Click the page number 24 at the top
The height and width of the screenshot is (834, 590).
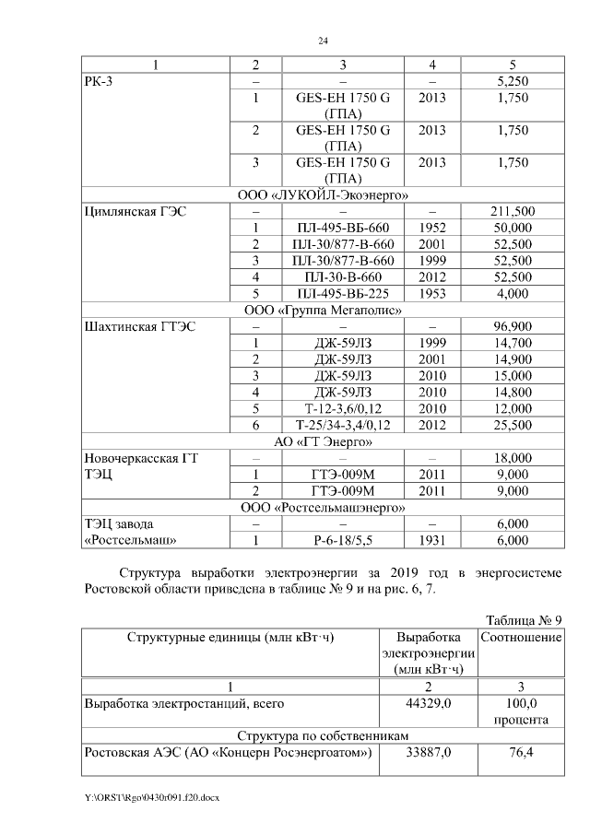pyautogui.click(x=324, y=41)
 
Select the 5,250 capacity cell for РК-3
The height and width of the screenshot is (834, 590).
pyautogui.click(x=512, y=81)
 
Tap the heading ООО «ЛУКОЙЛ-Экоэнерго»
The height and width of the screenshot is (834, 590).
pyautogui.click(x=324, y=195)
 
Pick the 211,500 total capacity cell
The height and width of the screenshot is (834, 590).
pyautogui.click(x=512, y=212)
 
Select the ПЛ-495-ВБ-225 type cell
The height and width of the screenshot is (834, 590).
pyautogui.click(x=343, y=294)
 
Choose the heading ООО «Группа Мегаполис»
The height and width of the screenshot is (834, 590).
pyautogui.click(x=324, y=311)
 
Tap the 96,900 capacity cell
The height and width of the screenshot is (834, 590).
pyautogui.click(x=512, y=327)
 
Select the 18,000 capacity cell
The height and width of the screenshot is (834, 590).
pyautogui.click(x=512, y=458)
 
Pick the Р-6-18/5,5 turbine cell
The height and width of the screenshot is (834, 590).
pyautogui.click(x=343, y=540)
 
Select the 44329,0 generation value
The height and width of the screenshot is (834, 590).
pyautogui.click(x=429, y=703)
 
